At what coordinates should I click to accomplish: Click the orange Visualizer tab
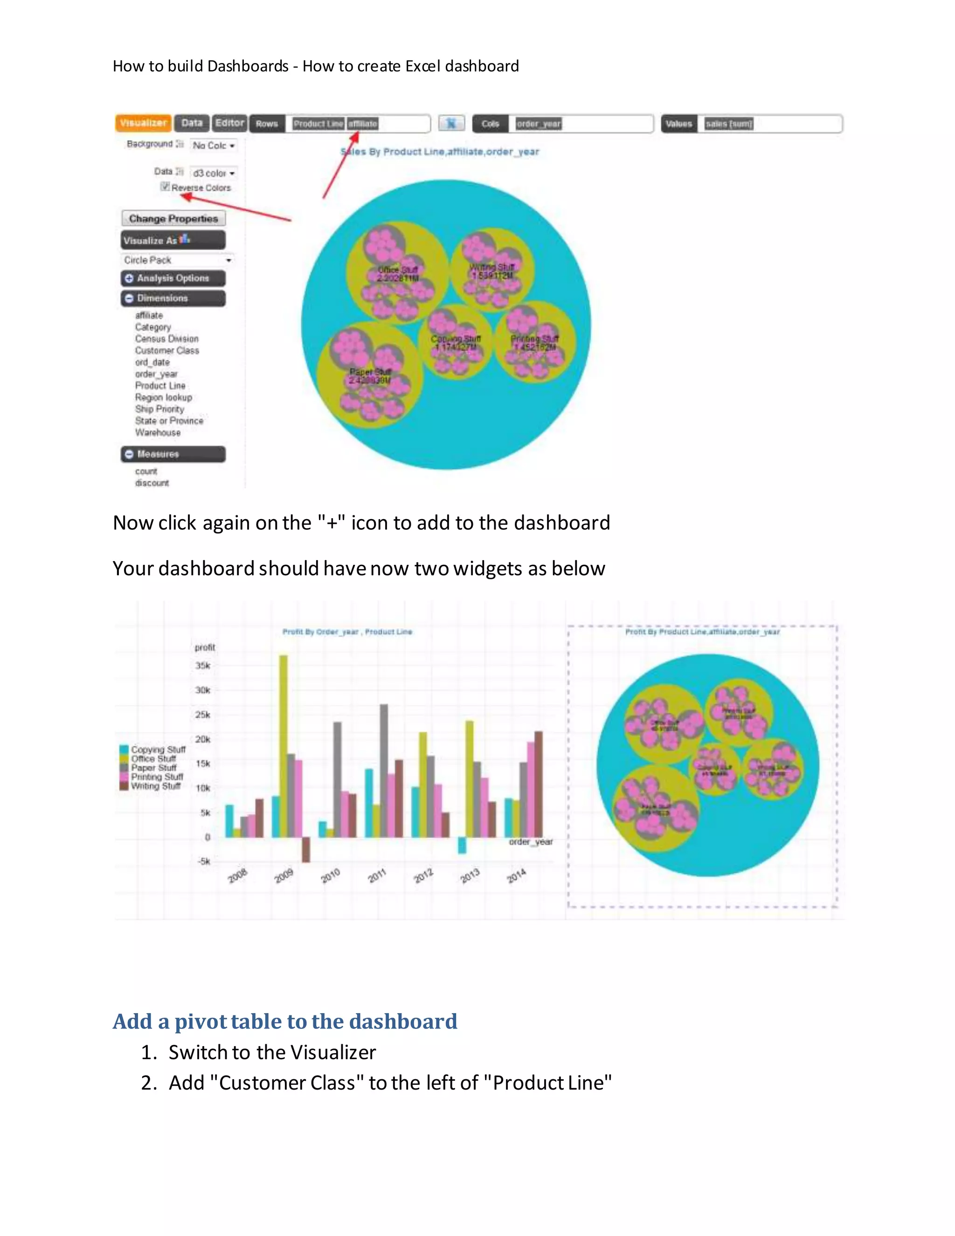tap(143, 123)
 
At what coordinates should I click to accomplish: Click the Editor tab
tap(229, 123)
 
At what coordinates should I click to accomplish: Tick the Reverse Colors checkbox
tap(165, 187)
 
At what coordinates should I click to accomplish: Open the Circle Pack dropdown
tap(177, 260)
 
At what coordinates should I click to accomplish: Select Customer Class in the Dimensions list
tap(167, 350)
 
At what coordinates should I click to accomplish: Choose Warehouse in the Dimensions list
tap(158, 432)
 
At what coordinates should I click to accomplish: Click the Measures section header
tap(173, 454)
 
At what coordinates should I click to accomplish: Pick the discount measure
tap(152, 483)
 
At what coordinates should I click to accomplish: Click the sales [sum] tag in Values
tap(729, 124)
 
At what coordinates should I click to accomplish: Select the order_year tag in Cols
tap(538, 124)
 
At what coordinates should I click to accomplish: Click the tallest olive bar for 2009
tap(284, 746)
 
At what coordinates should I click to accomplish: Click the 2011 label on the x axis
tap(377, 875)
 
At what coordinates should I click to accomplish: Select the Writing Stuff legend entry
tap(156, 786)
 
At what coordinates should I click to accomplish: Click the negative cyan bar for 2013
tap(462, 845)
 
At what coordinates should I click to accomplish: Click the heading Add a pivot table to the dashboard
tap(284, 1021)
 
